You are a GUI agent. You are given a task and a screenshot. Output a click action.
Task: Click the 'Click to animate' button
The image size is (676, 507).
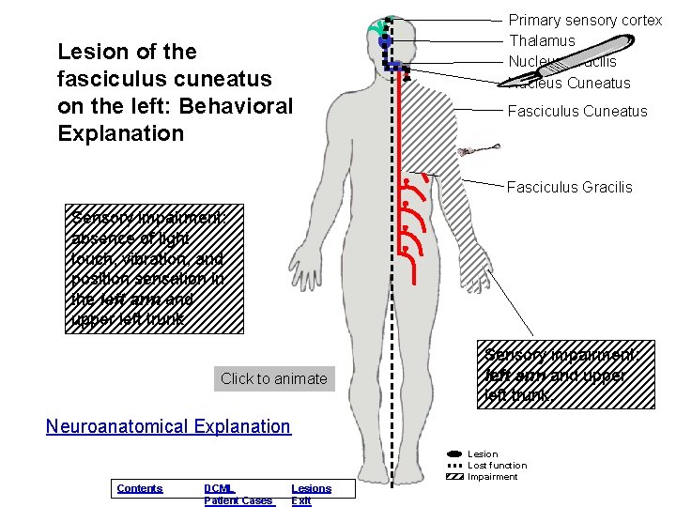[x=273, y=378]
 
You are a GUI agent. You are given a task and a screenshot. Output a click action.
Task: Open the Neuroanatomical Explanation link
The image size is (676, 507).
[x=168, y=426]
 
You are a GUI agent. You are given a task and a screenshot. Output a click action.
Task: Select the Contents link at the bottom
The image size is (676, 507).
[x=139, y=488]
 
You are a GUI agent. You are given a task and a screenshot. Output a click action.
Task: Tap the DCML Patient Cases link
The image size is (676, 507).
[x=238, y=495]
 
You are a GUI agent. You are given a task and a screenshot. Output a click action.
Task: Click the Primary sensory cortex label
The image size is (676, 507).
[x=585, y=20]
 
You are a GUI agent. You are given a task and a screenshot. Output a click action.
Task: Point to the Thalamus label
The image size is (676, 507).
[x=542, y=40]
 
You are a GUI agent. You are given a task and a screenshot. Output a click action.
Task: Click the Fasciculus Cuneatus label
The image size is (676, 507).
[x=576, y=111]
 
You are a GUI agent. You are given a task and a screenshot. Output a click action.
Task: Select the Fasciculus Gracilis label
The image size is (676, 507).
[x=569, y=187]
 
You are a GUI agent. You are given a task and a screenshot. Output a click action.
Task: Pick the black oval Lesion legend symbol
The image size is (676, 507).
[x=455, y=454]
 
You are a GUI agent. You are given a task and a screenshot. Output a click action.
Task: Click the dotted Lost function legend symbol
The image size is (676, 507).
[x=455, y=466]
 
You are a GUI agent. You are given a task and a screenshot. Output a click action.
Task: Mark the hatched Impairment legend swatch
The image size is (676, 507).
[x=455, y=477]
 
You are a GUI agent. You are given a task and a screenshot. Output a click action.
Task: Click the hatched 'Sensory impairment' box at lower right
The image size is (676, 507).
[x=565, y=374]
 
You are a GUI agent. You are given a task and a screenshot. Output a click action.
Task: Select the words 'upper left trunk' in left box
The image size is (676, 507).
[x=132, y=319]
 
